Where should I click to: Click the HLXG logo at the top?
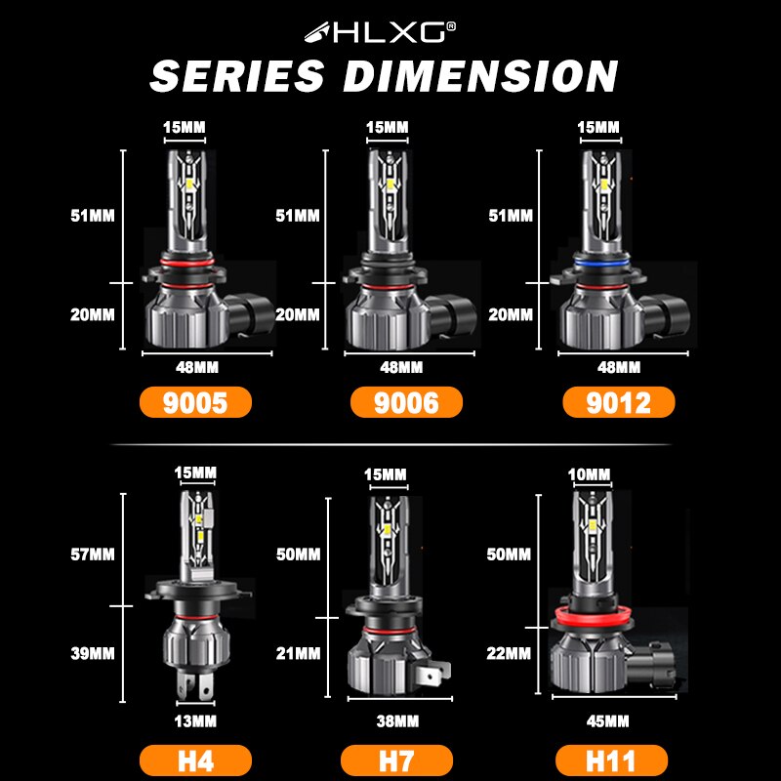pyautogui.click(x=390, y=32)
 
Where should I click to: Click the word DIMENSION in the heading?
pyautogui.click(x=480, y=76)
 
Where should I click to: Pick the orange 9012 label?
pyautogui.click(x=617, y=402)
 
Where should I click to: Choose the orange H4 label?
pyautogui.click(x=194, y=760)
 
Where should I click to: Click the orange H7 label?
pyautogui.click(x=397, y=760)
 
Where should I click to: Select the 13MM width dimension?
pyautogui.click(x=195, y=719)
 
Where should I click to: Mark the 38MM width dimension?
pyautogui.click(x=398, y=721)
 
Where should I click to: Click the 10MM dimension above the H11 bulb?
pyautogui.click(x=590, y=475)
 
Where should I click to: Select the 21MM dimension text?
pyautogui.click(x=298, y=651)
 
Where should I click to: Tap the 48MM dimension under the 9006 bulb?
pyautogui.click(x=400, y=367)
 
